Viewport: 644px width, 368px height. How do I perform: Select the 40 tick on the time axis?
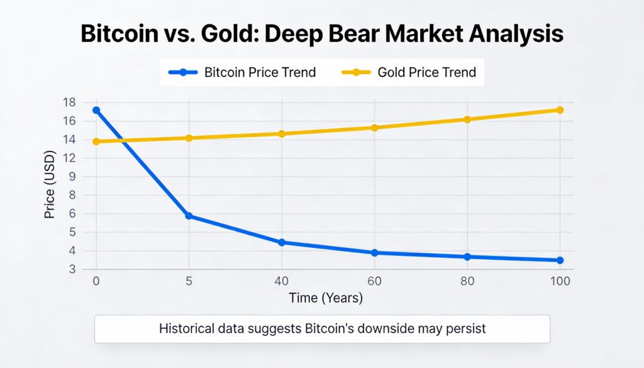(x=281, y=281)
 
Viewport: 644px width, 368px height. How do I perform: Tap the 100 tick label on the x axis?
(x=560, y=281)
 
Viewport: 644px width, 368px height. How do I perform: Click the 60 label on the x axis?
(x=375, y=281)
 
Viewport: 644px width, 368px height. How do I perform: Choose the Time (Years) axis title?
(x=325, y=298)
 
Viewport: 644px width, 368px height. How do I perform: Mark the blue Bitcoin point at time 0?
(x=96, y=110)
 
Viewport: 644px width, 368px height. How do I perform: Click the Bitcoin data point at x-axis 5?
(x=188, y=216)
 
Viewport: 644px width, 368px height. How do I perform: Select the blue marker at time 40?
(x=282, y=242)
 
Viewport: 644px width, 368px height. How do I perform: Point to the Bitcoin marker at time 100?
(x=560, y=260)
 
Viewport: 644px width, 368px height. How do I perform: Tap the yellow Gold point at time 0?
(x=96, y=142)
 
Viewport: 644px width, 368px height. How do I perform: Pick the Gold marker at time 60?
(x=375, y=128)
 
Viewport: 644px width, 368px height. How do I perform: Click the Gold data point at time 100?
(x=560, y=110)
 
